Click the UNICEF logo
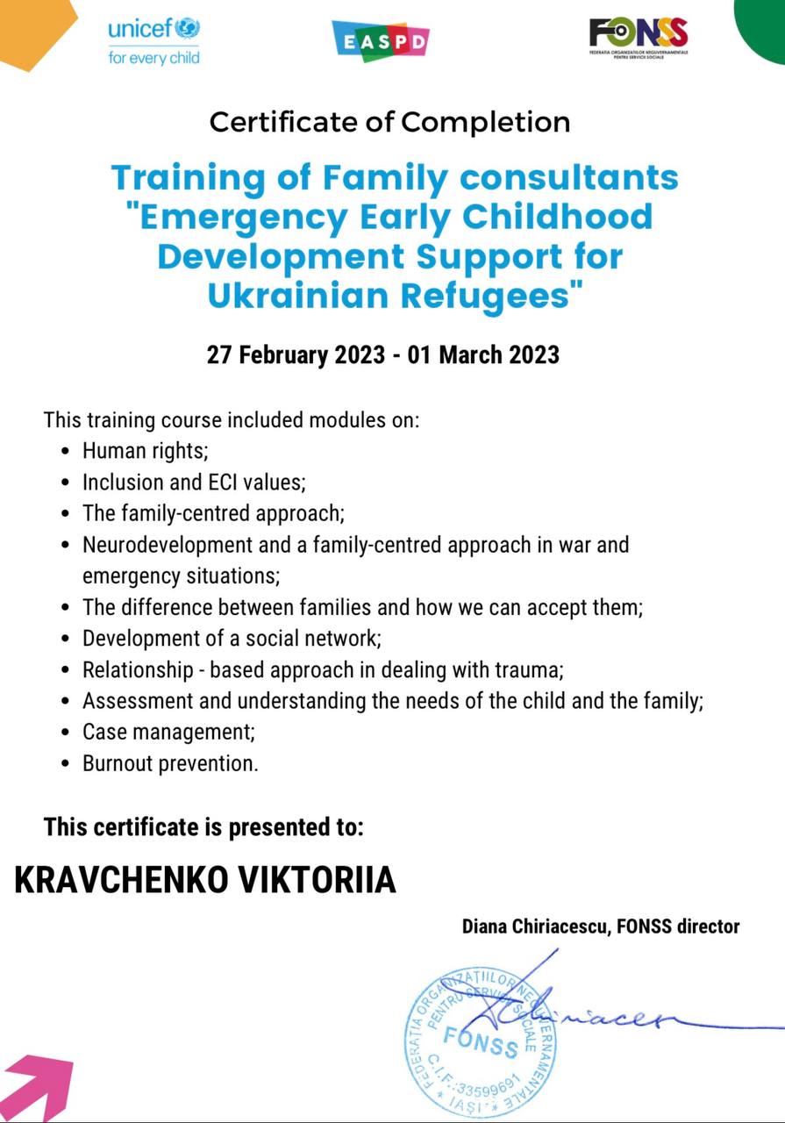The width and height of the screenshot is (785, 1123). tap(154, 41)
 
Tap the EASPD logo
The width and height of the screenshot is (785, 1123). tap(381, 40)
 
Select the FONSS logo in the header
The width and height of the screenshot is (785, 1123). tap(639, 37)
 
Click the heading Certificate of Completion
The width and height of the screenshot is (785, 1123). tap(390, 122)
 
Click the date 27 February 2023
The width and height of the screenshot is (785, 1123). tap(296, 355)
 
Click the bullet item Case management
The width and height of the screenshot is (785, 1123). tap(168, 731)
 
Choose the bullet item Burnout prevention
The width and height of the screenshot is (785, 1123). tap(170, 763)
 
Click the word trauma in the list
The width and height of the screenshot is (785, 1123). tap(530, 670)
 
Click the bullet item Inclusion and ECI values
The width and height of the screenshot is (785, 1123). tap(193, 483)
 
